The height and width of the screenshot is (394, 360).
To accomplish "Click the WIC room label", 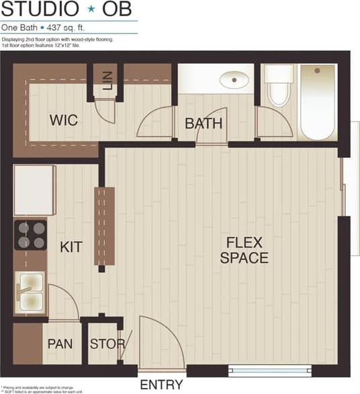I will tap(64, 121).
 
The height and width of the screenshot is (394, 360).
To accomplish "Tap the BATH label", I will tap(204, 124).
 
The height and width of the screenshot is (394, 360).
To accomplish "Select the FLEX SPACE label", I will tap(244, 249).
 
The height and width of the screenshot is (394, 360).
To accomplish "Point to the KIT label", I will tap(71, 247).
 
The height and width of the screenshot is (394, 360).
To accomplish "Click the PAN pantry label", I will tap(60, 344).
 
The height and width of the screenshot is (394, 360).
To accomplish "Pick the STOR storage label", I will tap(107, 344).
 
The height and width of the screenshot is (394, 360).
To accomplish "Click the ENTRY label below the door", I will tap(161, 385).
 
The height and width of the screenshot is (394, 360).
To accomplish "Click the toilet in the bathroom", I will tap(278, 87).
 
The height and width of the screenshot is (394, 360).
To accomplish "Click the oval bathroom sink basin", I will tap(233, 79).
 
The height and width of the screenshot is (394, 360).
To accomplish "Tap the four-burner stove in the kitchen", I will tap(30, 235).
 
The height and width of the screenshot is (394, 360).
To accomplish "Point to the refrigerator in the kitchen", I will tap(34, 190).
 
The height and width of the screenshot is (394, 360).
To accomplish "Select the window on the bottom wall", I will tap(269, 370).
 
